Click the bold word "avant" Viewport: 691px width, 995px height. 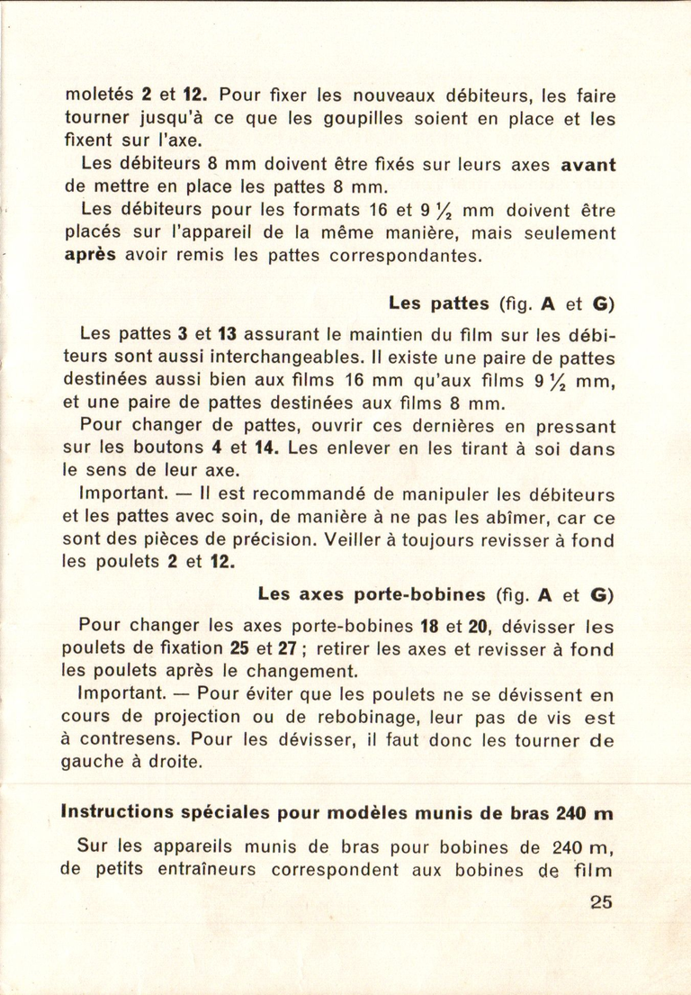pos(588,165)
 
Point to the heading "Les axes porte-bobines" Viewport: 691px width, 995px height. pos(372,594)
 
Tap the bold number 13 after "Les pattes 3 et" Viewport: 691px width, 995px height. pos(226,332)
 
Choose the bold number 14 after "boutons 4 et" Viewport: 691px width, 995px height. pos(267,448)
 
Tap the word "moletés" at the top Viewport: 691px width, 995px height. pos(98,94)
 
